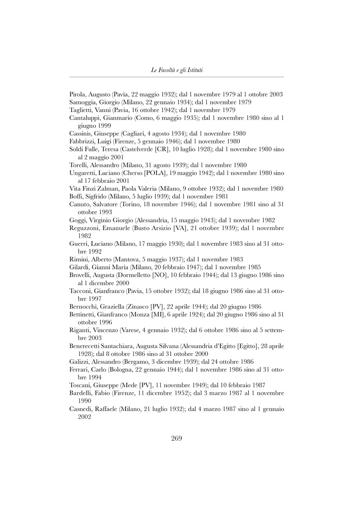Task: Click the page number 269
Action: (x=176, y=439)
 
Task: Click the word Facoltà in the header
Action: (x=168, y=70)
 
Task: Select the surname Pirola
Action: (x=78, y=95)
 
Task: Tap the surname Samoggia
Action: (x=83, y=102)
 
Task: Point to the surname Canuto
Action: (x=79, y=204)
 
